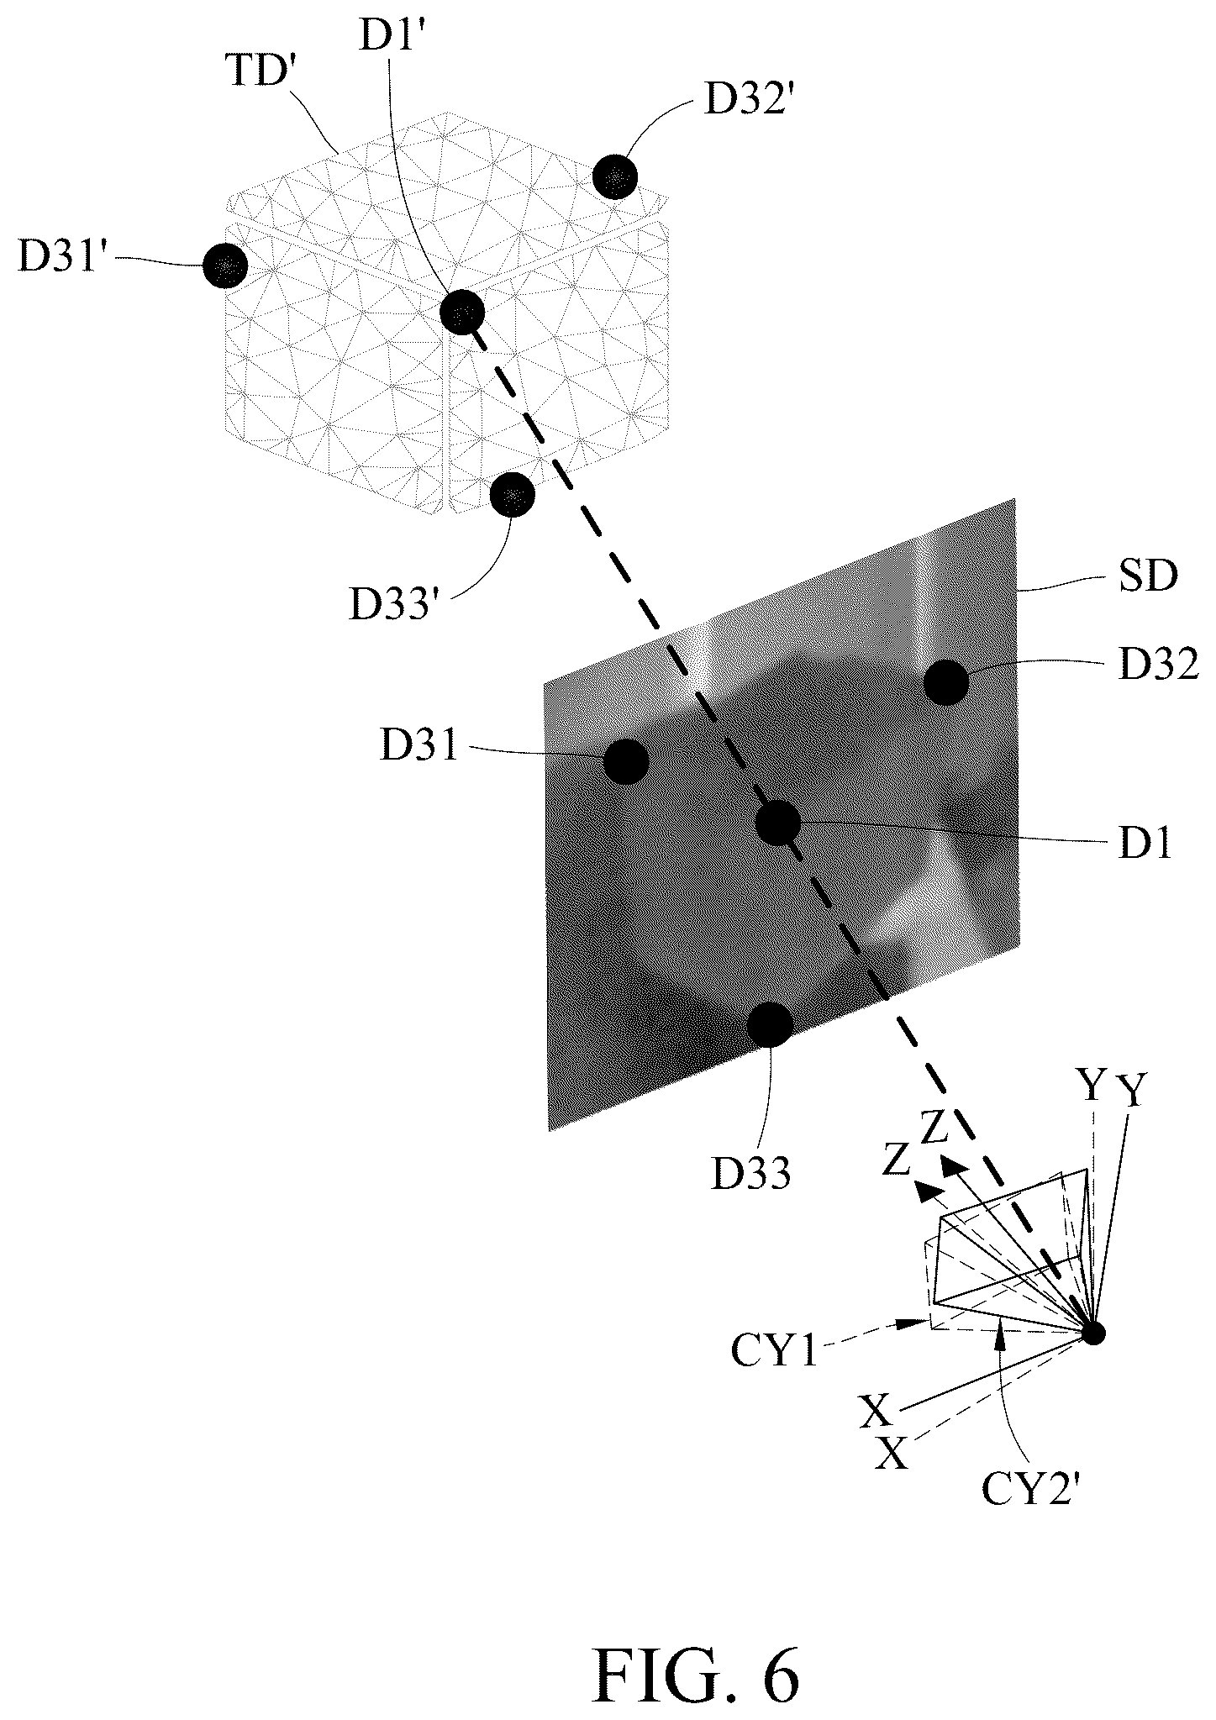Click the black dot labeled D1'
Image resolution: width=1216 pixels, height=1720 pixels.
click(x=463, y=312)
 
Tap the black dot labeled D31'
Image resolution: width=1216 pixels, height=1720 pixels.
click(x=225, y=266)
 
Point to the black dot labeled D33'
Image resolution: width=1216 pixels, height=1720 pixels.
click(x=513, y=495)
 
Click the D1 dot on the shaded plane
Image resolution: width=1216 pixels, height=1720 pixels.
click(x=777, y=823)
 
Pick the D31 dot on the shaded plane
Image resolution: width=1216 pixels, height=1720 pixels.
click(x=626, y=761)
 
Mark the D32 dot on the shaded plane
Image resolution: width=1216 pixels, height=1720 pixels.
click(x=945, y=682)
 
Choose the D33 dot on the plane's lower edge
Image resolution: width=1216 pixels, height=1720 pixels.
click(x=770, y=1024)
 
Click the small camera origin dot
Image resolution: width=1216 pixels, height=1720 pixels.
click(x=1093, y=1333)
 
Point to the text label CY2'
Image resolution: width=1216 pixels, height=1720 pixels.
click(x=1029, y=1488)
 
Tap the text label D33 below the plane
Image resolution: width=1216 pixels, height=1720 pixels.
click(x=751, y=1173)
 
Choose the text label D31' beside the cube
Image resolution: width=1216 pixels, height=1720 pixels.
click(x=66, y=257)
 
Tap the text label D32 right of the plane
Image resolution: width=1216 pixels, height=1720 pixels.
click(x=1158, y=664)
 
